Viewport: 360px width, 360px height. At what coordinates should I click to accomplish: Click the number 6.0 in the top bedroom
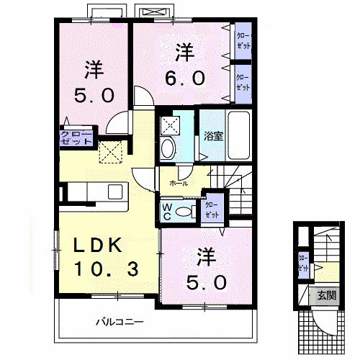coord(188,77)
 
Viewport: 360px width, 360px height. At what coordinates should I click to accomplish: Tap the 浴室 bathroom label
coord(212,135)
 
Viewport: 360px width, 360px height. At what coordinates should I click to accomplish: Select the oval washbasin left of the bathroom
coord(168,149)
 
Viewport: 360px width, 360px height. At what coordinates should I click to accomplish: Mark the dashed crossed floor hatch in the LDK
coord(110,151)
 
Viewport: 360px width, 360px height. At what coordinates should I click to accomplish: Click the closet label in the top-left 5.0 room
coord(76,138)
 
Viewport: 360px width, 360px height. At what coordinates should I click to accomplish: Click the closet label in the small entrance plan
coord(303,264)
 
